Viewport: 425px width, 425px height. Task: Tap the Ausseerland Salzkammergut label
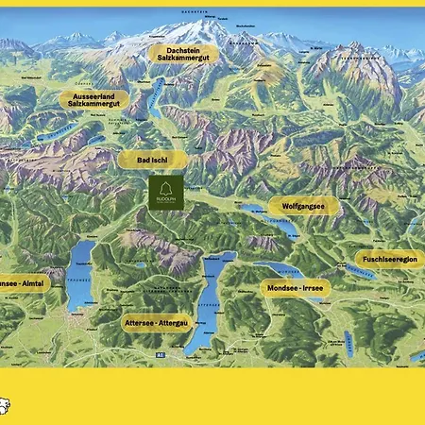click(94, 99)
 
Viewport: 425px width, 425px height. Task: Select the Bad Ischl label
click(153, 161)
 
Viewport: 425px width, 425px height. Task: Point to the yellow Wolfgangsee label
click(303, 206)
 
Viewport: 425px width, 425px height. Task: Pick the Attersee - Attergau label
click(157, 322)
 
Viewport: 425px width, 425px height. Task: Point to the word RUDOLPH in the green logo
click(166, 205)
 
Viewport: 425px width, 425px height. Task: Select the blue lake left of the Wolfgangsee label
click(252, 210)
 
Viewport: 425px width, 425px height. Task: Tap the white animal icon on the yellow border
click(5, 407)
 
